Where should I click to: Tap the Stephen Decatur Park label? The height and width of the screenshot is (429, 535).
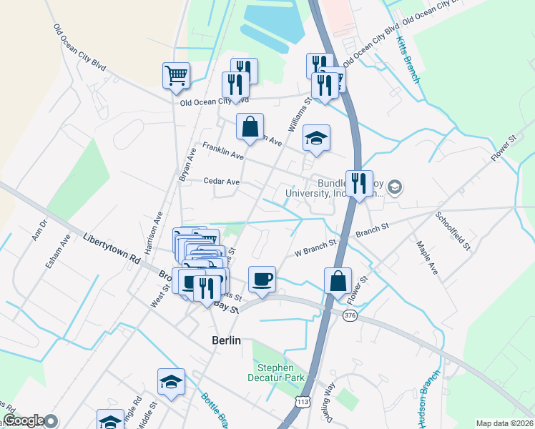click(278, 373)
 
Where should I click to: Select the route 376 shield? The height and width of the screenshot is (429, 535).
click(349, 316)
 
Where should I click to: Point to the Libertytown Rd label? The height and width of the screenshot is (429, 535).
click(111, 248)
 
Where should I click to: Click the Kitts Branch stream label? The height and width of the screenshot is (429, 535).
click(408, 60)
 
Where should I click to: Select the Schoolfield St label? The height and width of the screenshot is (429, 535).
click(452, 230)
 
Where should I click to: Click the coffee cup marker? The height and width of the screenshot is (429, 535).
click(262, 279)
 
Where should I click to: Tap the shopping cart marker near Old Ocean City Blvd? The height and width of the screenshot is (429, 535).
click(177, 74)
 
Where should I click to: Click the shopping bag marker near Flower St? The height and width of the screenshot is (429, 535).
click(338, 280)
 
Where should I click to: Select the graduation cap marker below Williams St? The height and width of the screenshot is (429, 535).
click(316, 137)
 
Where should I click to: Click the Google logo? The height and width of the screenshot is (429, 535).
click(24, 420)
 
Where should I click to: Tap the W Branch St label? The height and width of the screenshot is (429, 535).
click(315, 249)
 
